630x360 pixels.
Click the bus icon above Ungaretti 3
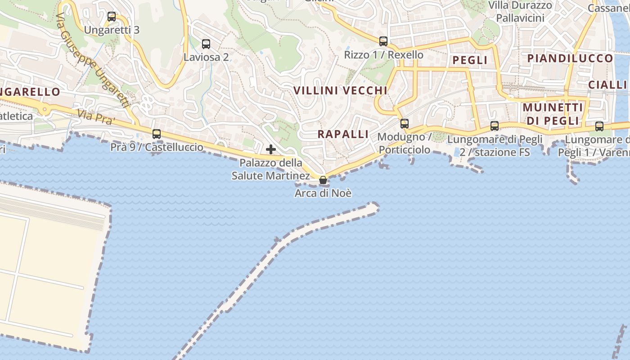click(112, 17)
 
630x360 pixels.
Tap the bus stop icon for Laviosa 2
click(206, 44)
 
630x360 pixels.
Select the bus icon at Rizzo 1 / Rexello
click(383, 41)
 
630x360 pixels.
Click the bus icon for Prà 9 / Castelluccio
click(157, 134)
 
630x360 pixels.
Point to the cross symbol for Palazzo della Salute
click(271, 149)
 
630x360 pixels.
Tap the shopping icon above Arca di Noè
click(323, 180)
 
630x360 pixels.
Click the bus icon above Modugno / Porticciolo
click(405, 123)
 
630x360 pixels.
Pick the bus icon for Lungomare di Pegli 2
click(495, 126)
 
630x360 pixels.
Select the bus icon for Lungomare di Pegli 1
click(599, 126)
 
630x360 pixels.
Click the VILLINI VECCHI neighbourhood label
click(340, 90)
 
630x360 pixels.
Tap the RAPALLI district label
click(343, 134)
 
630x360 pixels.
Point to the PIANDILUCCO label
click(570, 58)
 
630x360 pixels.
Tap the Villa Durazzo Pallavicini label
click(520, 12)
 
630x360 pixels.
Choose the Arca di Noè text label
click(323, 193)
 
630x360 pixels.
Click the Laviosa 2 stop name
click(206, 57)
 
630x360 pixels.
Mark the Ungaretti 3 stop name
click(112, 30)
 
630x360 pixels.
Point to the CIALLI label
click(607, 85)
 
